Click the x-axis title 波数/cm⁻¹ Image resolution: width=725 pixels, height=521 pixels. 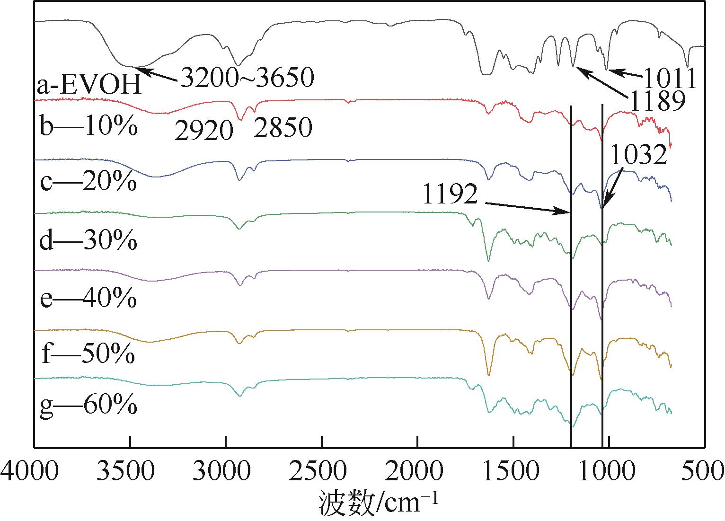(x=379, y=503)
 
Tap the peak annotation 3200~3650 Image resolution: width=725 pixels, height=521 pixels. (x=246, y=77)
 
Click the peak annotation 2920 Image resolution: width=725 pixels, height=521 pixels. (x=204, y=130)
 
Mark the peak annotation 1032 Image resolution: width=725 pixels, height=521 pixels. (x=638, y=155)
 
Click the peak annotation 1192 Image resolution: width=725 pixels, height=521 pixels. (x=450, y=194)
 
